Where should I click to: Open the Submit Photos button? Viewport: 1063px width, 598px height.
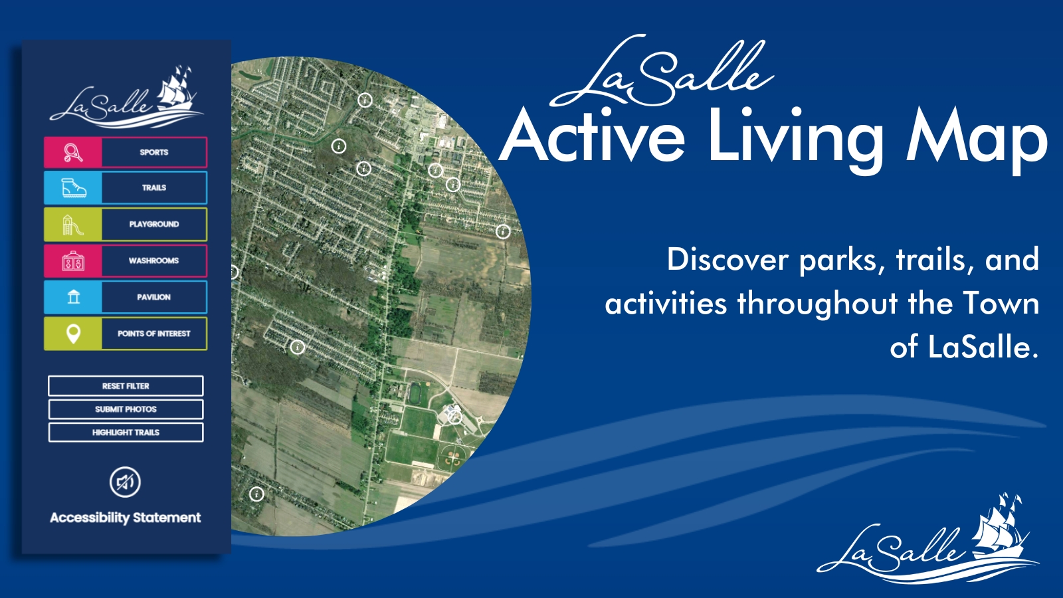pos(126,409)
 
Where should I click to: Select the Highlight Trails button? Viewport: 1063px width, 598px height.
pos(126,433)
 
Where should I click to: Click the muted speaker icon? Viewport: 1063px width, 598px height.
pos(125,482)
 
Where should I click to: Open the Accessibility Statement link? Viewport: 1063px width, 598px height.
pos(125,518)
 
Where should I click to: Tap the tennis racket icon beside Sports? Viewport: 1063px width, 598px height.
pos(73,153)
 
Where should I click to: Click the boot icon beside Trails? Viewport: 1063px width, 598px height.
pos(73,189)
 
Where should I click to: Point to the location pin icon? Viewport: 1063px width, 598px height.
pos(73,334)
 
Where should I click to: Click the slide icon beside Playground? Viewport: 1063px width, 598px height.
pos(73,225)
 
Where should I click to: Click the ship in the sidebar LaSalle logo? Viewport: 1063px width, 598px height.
pos(176,90)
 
